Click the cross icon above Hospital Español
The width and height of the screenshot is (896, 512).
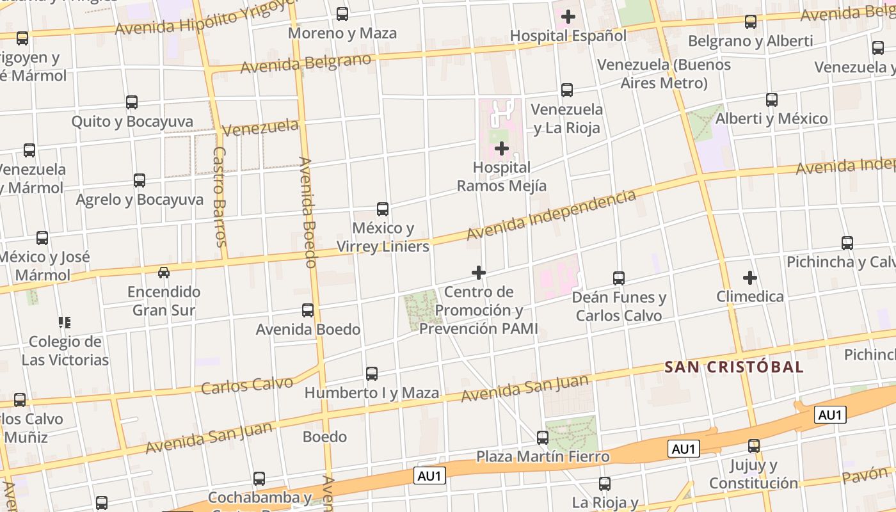(568, 17)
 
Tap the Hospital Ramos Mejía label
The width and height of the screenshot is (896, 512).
(502, 177)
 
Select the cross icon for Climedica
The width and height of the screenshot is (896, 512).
(749, 278)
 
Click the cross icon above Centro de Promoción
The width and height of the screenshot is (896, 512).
(478, 273)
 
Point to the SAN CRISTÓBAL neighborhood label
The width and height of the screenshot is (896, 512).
(733, 367)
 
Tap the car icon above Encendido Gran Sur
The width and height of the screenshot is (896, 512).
(164, 273)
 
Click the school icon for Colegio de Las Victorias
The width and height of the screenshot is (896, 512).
(65, 322)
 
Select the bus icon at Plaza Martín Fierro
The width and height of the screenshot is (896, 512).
(543, 438)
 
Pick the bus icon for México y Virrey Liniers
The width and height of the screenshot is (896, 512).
(383, 209)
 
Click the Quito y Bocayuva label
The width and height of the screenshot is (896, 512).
(132, 122)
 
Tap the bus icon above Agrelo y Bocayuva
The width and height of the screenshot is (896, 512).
(140, 180)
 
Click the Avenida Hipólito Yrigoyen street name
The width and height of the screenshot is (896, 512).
(207, 19)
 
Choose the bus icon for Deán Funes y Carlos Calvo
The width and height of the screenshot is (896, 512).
(619, 278)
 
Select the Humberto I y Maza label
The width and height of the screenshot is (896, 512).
(372, 393)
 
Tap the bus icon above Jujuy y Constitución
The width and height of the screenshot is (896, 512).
(754, 446)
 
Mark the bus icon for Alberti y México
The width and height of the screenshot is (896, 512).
(772, 100)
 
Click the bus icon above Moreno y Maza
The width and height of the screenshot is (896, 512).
(342, 14)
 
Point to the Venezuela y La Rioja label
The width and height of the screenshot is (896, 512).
(567, 118)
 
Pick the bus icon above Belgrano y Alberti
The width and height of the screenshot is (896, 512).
(751, 22)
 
